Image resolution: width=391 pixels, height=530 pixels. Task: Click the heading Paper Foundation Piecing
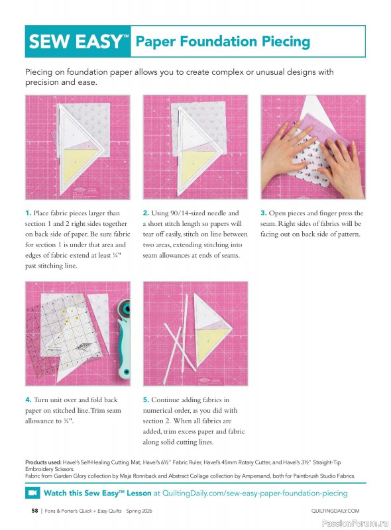click(222, 42)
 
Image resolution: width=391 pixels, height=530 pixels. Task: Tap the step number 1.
click(28, 213)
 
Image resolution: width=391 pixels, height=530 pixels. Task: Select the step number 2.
click(146, 213)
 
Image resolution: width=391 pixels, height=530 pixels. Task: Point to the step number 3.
click(263, 213)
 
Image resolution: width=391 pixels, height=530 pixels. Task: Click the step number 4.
click(28, 400)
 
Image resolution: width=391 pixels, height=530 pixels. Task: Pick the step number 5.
click(146, 400)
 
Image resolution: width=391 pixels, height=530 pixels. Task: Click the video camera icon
click(32, 493)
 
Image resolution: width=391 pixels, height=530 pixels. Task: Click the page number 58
click(34, 511)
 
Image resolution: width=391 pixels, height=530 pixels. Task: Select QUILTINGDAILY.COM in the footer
click(335, 511)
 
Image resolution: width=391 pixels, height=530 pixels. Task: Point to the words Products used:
click(44, 461)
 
